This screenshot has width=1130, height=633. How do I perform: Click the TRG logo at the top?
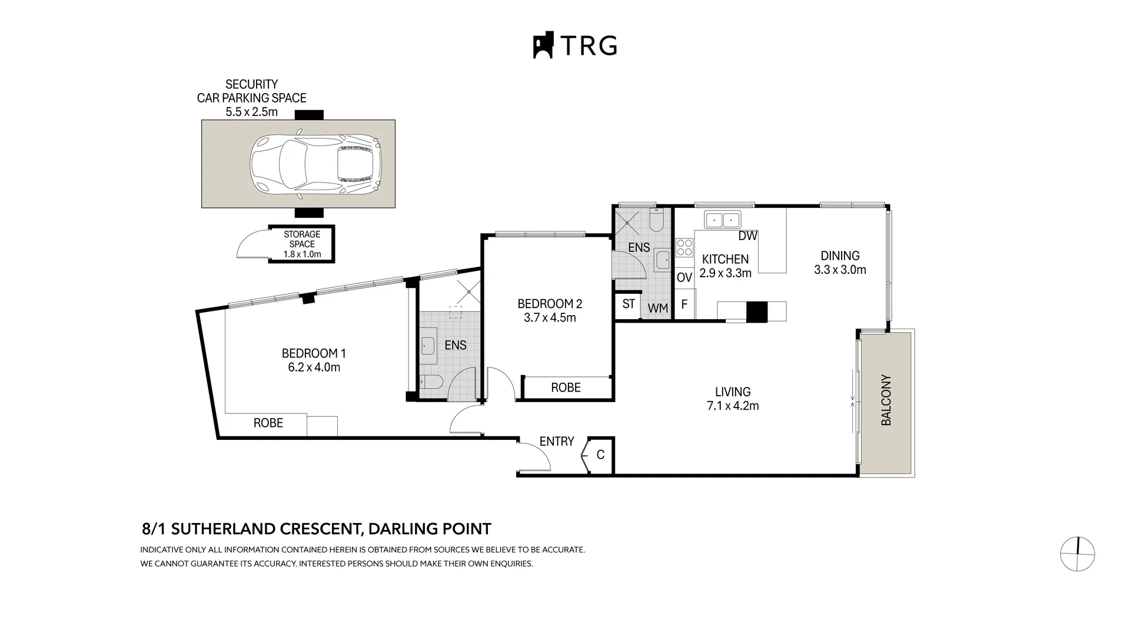tap(575, 45)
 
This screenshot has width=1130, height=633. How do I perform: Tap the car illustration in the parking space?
tap(315, 165)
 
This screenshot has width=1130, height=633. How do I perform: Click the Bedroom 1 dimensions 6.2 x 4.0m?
tap(314, 367)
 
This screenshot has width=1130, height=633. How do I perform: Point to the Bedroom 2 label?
tap(550, 304)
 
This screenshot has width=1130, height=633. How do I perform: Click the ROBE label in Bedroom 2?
tap(566, 387)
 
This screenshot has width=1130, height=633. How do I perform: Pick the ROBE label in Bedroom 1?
tap(268, 423)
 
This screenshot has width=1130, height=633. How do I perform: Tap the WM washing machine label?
tap(657, 308)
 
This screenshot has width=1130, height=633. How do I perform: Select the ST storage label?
tap(628, 304)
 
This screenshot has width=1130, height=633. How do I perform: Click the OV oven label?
tap(684, 277)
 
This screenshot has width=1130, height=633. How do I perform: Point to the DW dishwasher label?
tap(747, 236)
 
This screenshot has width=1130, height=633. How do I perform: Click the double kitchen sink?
tap(723, 220)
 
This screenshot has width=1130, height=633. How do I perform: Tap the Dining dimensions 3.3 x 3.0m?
tap(840, 270)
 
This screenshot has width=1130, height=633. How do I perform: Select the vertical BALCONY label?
tap(886, 400)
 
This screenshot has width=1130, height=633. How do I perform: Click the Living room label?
tap(733, 392)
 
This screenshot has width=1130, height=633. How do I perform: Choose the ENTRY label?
tap(556, 441)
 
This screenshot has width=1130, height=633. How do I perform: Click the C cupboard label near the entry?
tap(600, 455)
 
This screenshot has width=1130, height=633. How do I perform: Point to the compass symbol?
tap(1077, 554)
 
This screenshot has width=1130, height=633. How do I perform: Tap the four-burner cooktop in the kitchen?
tap(684, 247)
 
